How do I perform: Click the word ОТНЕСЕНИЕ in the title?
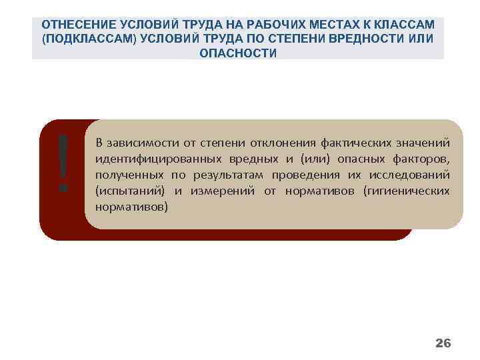(74, 25)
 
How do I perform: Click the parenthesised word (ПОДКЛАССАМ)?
(87, 39)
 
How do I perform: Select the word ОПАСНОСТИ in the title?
(238, 53)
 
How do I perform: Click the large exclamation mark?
(63, 162)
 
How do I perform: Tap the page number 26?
(443, 343)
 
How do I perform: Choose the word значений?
(422, 143)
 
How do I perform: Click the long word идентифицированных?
(149, 159)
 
